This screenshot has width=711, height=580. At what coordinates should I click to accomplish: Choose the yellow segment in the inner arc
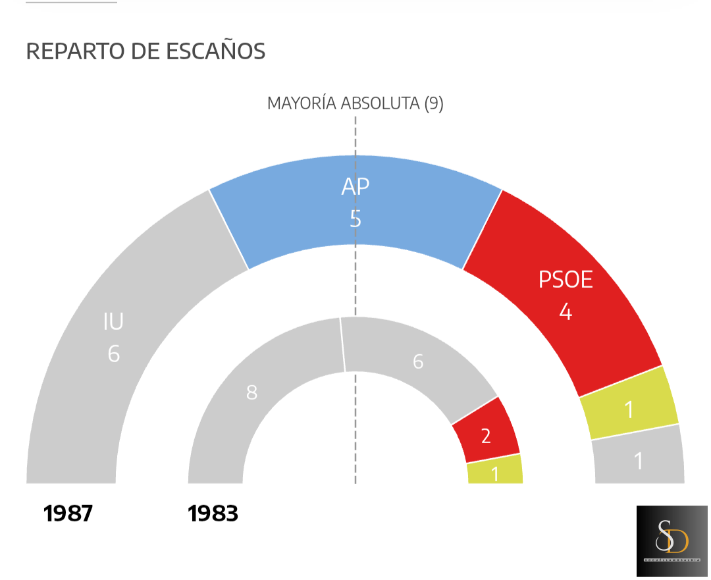495,471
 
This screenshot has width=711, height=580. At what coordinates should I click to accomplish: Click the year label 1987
68,514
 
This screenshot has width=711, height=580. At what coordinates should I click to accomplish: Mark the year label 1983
213,514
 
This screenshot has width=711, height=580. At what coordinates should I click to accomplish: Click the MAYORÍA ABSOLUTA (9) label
355,103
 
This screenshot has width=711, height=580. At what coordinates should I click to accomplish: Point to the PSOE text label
566,280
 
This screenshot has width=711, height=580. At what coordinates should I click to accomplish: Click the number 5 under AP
355,219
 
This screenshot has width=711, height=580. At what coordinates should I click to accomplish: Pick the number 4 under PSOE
566,311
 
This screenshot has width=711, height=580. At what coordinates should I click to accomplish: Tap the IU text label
113,322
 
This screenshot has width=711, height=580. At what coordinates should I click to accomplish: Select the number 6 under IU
114,354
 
